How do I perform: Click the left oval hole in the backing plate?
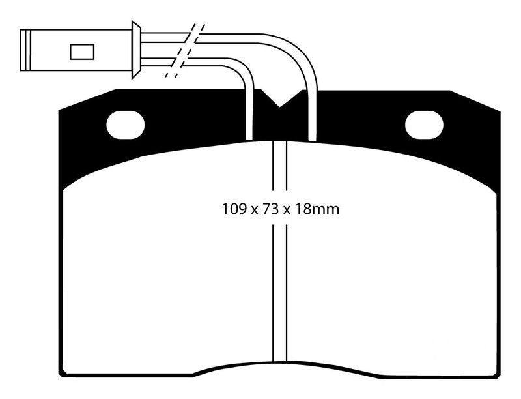point(126,125)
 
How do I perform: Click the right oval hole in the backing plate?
point(425,125)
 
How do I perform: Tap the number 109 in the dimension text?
point(234,209)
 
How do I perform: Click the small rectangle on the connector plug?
point(82,52)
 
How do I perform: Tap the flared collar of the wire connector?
point(136,50)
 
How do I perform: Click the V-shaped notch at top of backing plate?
point(279,98)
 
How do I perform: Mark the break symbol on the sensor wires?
point(185,51)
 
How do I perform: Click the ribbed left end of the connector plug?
point(25,50)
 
